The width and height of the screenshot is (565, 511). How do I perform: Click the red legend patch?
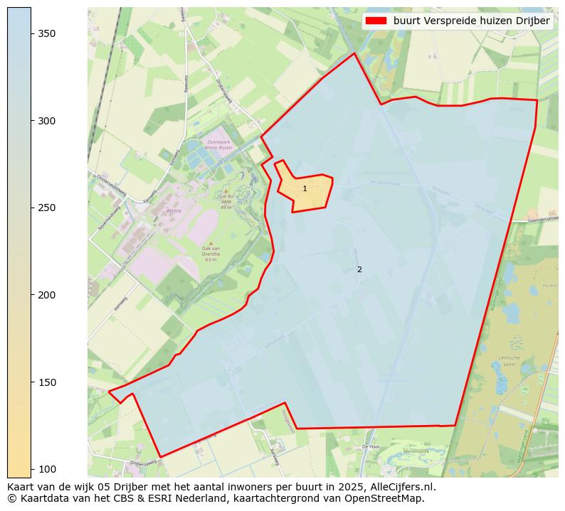pyautogui.click(x=376, y=21)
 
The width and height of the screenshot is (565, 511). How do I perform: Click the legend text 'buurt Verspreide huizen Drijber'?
pyautogui.click(x=471, y=21)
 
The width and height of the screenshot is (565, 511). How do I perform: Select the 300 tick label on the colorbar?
pyautogui.click(x=47, y=121)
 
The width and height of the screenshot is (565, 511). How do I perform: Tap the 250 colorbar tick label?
pyautogui.click(x=47, y=208)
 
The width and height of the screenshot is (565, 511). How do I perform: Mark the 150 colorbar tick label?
pyautogui.click(x=47, y=382)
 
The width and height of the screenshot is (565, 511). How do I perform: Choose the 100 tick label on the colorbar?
pyautogui.click(x=47, y=469)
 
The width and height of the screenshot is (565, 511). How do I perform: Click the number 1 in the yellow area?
pyautogui.click(x=305, y=189)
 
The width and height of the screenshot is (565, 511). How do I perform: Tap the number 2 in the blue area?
pyautogui.click(x=359, y=269)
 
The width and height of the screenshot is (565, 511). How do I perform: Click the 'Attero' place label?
pyautogui.click(x=174, y=210)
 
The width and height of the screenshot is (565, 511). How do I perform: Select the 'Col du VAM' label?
pyautogui.click(x=227, y=199)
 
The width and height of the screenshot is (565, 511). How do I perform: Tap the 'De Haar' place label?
pyautogui.click(x=371, y=446)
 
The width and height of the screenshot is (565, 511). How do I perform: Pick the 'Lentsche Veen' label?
pyautogui.click(x=509, y=360)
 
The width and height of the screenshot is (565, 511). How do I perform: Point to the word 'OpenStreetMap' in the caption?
pyautogui.click(x=389, y=498)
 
